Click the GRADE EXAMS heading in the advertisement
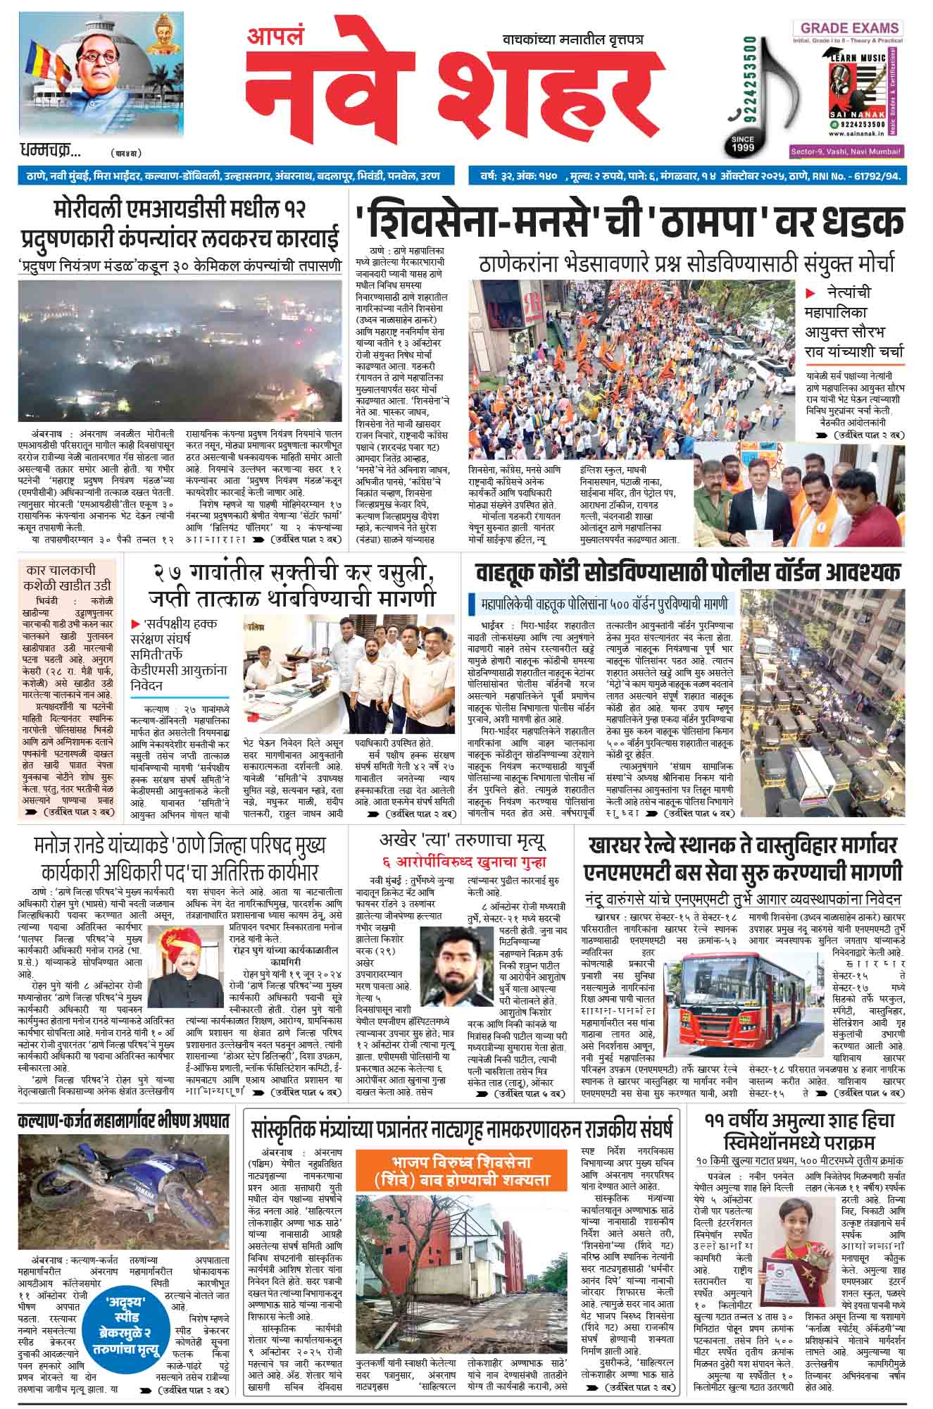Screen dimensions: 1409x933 pos(847,28)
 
